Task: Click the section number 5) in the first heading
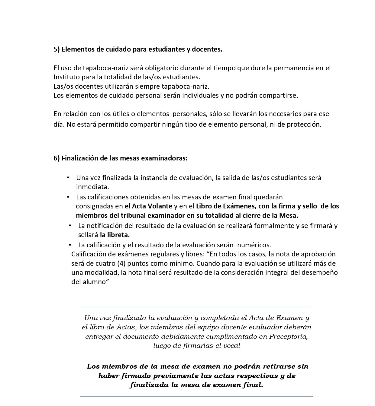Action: pos(57,49)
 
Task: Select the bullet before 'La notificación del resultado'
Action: pos(70,225)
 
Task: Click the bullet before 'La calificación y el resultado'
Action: pos(70,245)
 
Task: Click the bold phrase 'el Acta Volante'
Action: pos(148,206)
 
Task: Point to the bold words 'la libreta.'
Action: pos(115,235)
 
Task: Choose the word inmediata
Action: pos(92,187)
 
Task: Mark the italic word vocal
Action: pos(231,346)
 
